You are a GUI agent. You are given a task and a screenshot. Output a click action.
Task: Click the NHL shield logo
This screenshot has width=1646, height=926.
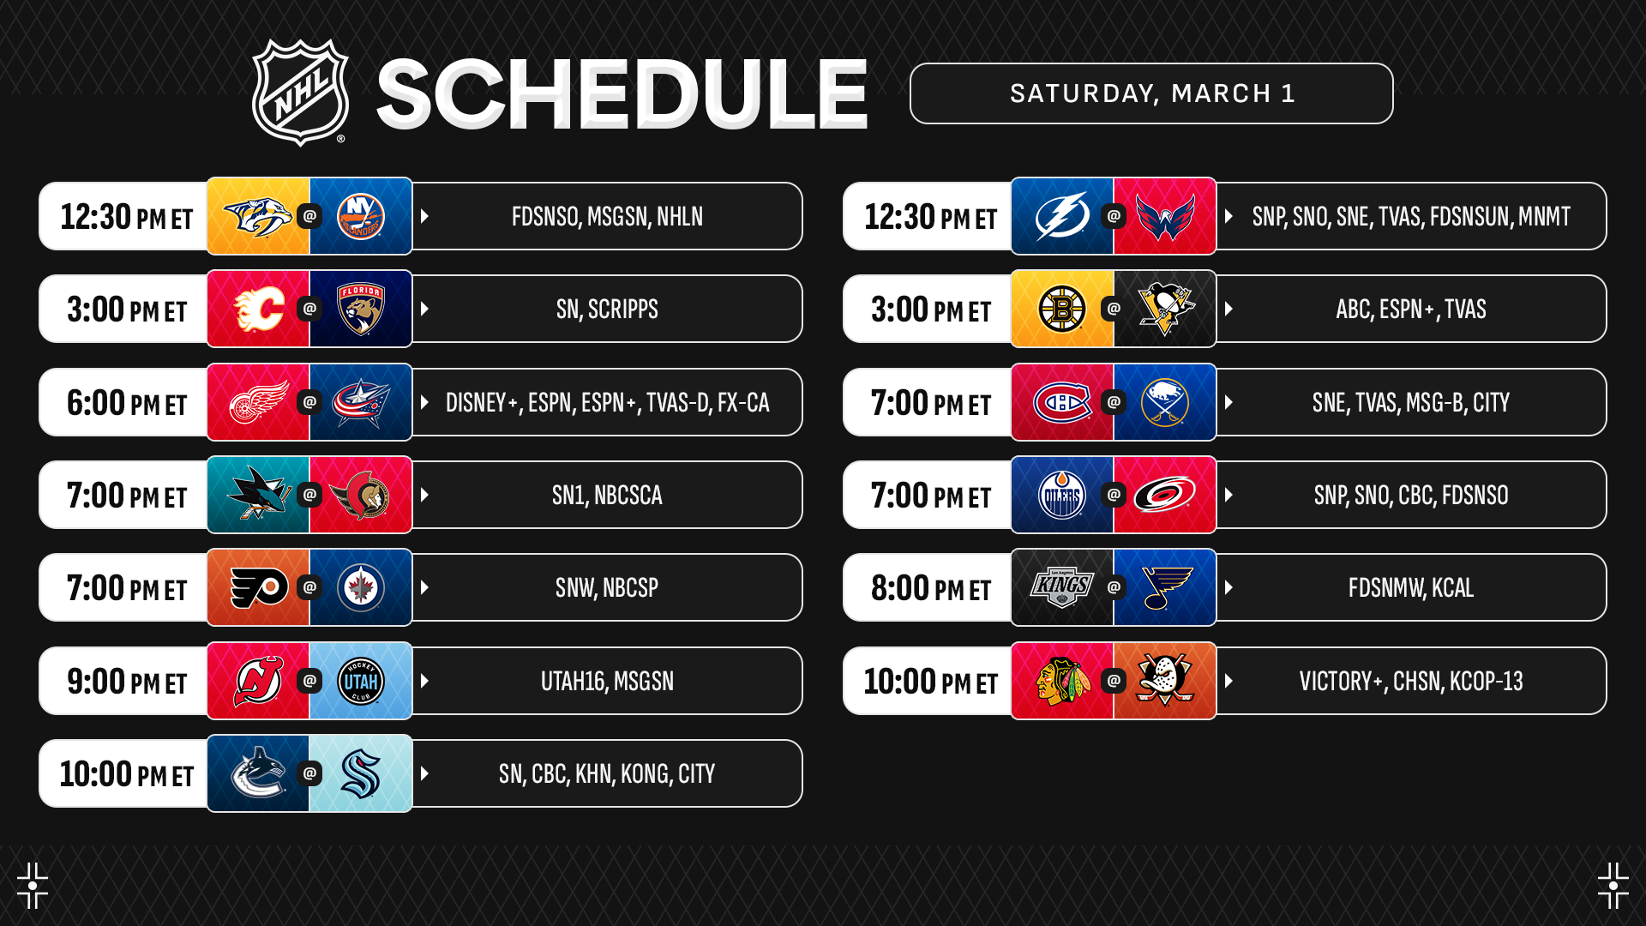tap(300, 93)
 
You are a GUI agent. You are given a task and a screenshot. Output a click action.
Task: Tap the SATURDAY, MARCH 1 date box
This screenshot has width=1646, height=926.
tap(1151, 93)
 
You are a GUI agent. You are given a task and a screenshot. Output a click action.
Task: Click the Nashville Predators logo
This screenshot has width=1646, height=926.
tap(258, 216)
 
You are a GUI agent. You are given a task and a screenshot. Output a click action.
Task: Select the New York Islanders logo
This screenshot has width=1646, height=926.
tap(361, 216)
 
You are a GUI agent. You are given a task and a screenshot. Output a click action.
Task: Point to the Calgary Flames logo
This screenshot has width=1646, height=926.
tap(259, 309)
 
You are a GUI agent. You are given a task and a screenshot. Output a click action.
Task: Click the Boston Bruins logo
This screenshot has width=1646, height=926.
tap(1062, 309)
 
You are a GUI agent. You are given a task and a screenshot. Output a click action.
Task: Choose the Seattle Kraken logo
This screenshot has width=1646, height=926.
tap(361, 773)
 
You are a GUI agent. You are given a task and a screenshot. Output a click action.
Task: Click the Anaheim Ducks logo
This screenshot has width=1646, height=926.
tap(1165, 681)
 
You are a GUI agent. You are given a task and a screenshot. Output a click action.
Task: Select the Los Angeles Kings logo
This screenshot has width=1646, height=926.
tap(1062, 587)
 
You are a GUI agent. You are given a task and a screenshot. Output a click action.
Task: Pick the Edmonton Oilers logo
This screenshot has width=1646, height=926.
tap(1062, 495)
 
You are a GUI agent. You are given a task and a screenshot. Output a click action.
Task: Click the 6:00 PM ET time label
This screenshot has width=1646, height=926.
tap(127, 403)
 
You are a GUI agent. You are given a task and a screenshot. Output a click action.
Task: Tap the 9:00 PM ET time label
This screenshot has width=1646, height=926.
tap(127, 682)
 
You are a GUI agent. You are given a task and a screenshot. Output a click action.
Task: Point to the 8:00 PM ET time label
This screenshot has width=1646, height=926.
tap(931, 588)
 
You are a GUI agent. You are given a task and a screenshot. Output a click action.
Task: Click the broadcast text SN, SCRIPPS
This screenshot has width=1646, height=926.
tap(607, 310)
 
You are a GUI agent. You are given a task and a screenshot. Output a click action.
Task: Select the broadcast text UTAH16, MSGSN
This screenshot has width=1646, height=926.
tap(607, 682)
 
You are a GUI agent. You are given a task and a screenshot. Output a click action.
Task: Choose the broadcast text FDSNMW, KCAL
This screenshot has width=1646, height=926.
tap(1411, 588)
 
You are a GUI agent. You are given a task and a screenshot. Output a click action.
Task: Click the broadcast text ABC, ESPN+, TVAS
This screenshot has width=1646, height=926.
tap(1411, 310)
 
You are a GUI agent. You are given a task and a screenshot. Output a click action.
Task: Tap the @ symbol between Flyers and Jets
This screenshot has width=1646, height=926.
tap(309, 587)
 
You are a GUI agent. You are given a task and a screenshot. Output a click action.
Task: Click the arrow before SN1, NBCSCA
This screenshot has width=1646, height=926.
tap(424, 495)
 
